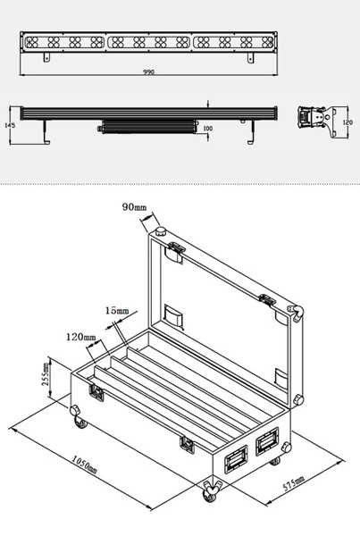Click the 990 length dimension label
click(x=148, y=72)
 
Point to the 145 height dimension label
click(x=10, y=125)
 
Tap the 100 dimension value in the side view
click(x=207, y=129)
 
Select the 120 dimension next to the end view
click(x=347, y=122)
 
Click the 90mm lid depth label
click(x=134, y=207)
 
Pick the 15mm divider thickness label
click(x=117, y=311)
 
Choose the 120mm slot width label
click(x=81, y=337)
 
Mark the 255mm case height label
click(x=46, y=374)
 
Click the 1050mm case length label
click(x=84, y=465)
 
